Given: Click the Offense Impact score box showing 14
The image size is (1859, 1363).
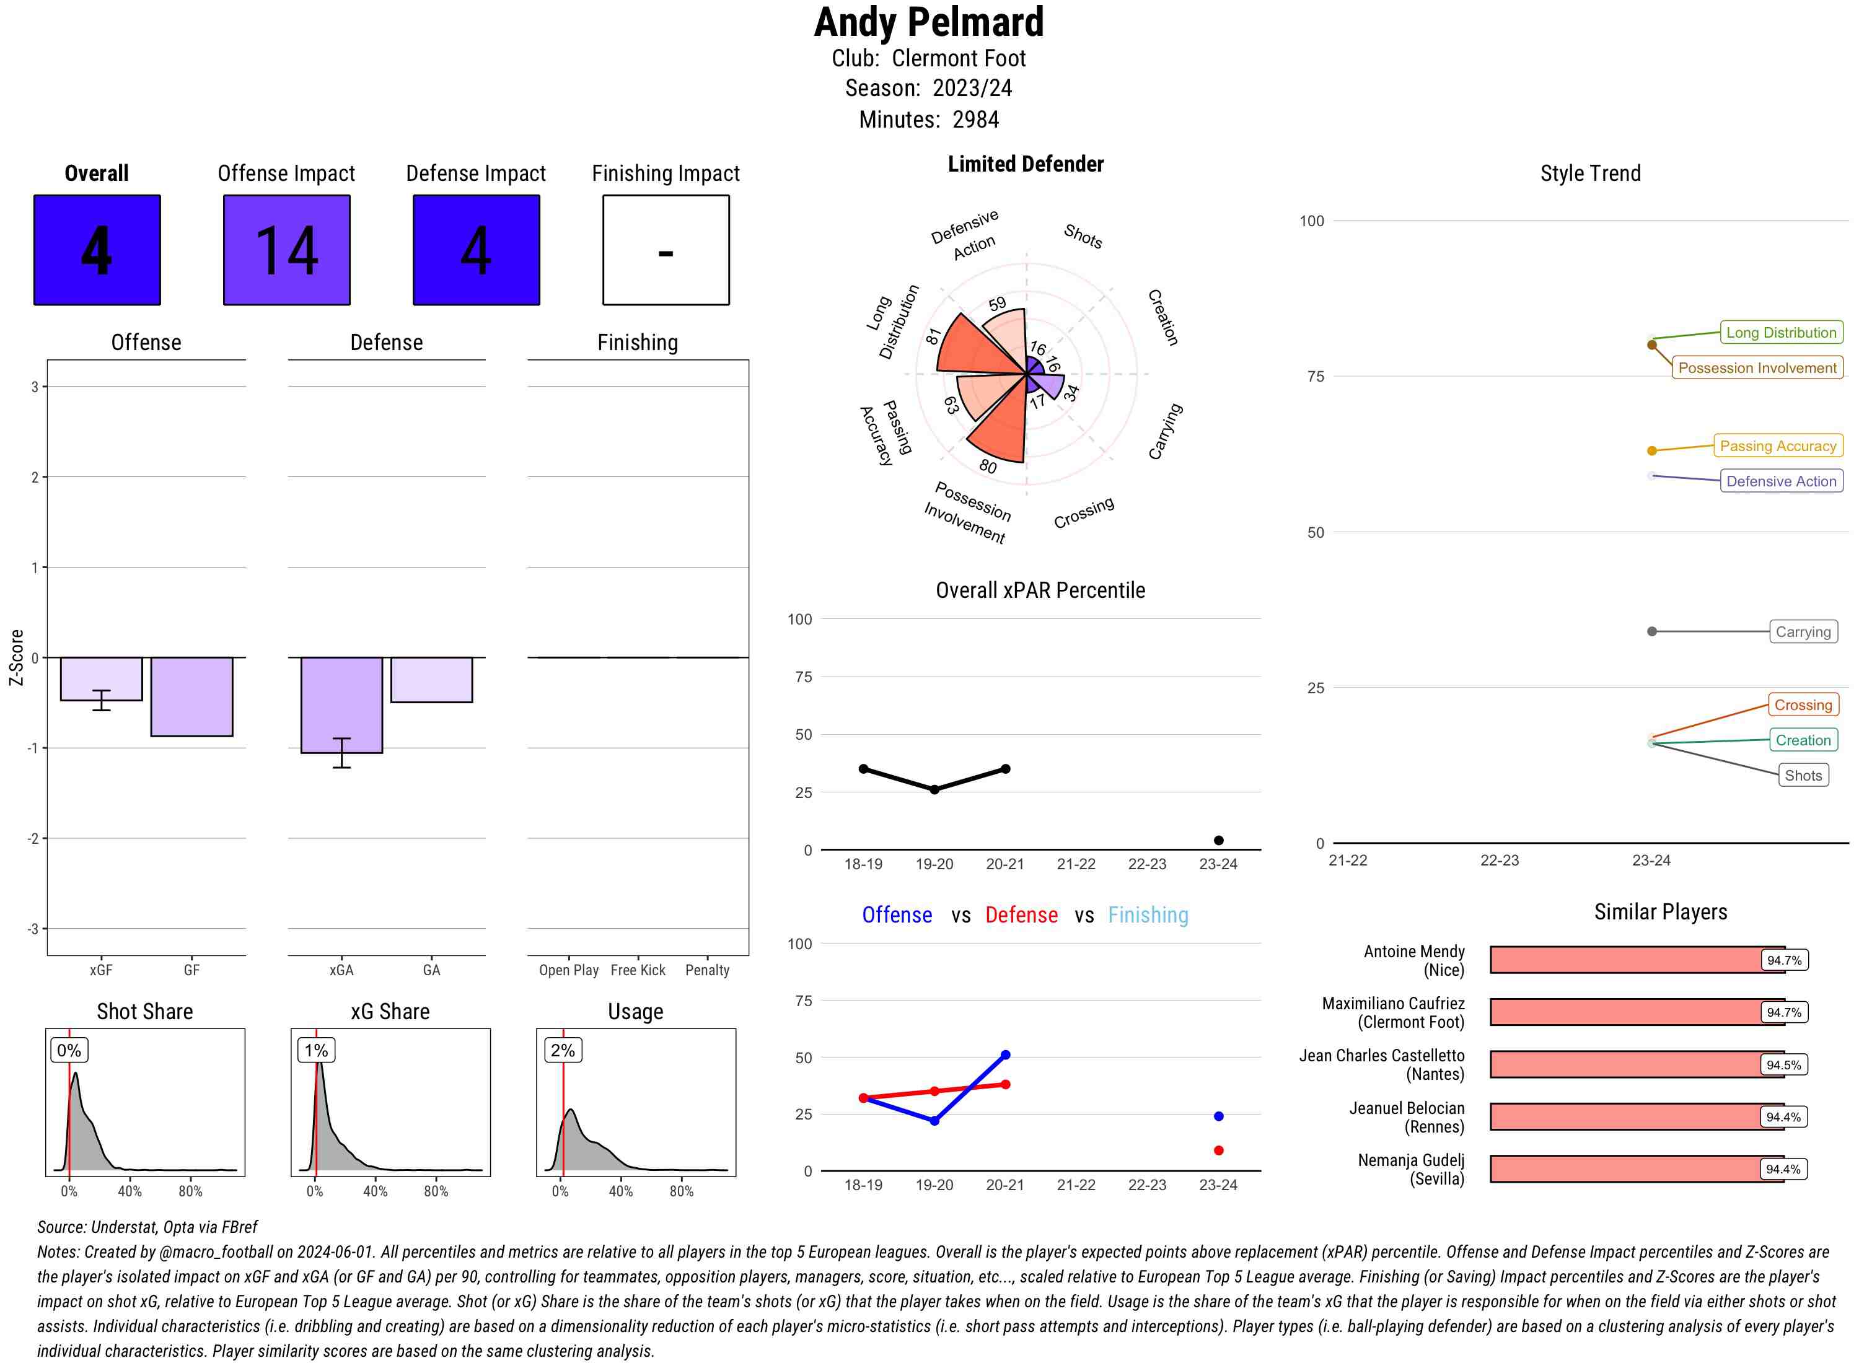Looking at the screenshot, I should click(286, 250).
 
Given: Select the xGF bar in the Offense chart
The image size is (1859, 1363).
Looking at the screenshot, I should click(102, 678).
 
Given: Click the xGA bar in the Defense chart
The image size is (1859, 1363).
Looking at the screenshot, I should click(341, 704).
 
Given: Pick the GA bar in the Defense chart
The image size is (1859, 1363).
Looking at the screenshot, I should click(431, 679).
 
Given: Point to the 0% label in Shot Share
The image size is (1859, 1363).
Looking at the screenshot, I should click(69, 1050).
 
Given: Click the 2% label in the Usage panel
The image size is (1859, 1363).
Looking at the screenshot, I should click(563, 1050).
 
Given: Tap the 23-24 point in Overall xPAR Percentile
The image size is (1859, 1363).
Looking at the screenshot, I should click(1218, 840).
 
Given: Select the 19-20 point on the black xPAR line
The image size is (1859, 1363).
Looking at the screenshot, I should click(934, 789).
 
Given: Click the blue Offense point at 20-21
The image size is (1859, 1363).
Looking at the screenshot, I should click(1005, 1054).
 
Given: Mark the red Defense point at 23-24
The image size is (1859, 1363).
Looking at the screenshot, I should click(1218, 1150).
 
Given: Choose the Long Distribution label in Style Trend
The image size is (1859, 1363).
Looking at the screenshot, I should click(1781, 333).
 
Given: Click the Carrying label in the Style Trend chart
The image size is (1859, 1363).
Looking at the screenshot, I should click(1803, 632).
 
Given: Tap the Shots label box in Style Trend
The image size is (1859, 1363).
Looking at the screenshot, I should click(1803, 776).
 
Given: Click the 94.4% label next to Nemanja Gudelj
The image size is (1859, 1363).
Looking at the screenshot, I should click(1782, 1169).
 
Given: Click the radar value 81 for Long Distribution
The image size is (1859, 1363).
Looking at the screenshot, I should click(933, 336).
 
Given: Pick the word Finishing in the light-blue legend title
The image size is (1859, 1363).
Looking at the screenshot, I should click(1148, 915).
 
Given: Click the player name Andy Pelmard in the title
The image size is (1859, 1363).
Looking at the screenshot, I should click(929, 22).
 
